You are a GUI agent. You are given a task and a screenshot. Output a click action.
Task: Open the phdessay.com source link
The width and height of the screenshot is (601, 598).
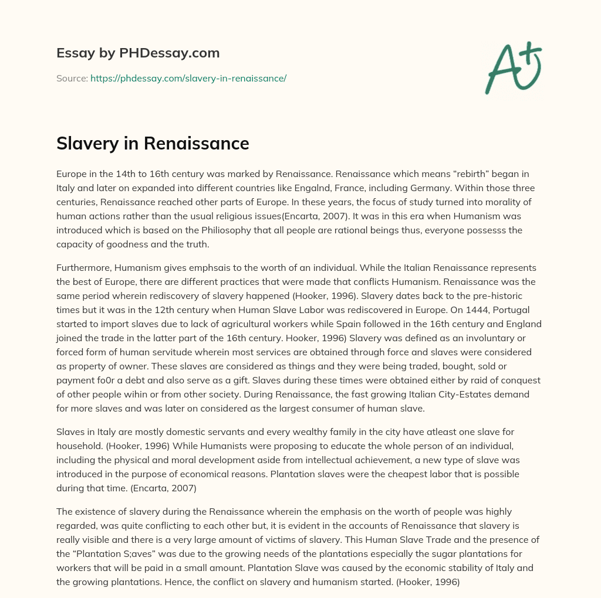(x=188, y=78)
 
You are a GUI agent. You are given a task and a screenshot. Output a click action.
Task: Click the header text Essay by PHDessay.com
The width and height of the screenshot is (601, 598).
(x=138, y=53)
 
